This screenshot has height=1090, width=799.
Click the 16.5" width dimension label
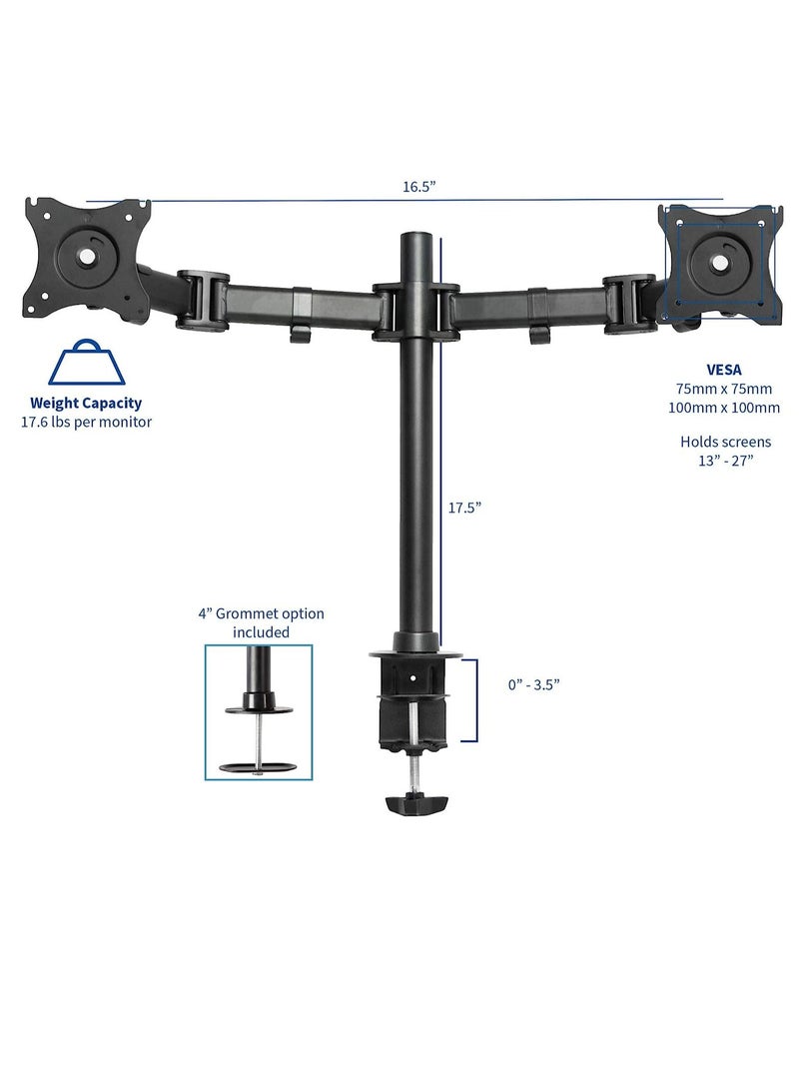click(x=419, y=187)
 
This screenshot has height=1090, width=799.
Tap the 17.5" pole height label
click(x=464, y=507)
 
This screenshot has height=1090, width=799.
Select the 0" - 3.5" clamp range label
click(x=532, y=684)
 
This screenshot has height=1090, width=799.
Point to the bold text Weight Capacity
click(x=85, y=404)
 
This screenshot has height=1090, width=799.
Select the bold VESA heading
click(x=725, y=369)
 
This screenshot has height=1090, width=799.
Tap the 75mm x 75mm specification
click(x=725, y=388)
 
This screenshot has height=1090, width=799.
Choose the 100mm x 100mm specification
click(x=725, y=407)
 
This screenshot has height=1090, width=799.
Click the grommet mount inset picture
click(x=259, y=711)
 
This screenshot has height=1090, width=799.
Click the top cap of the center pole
click(x=418, y=240)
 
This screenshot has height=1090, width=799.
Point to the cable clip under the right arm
click(x=539, y=334)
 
